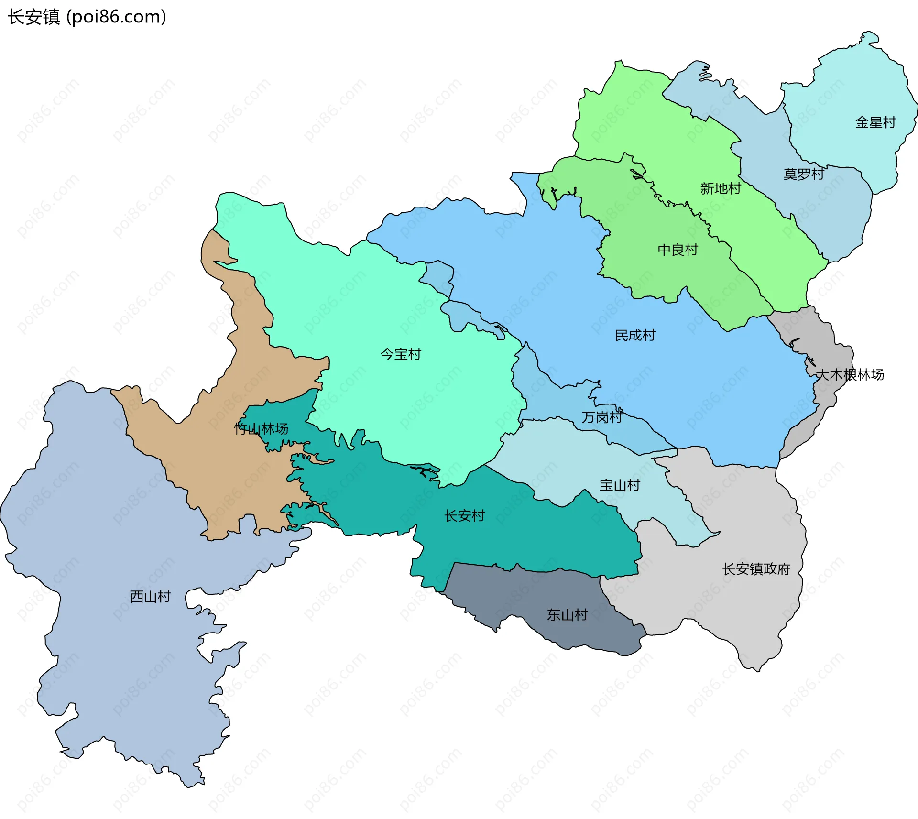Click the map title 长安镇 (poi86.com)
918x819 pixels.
(87, 17)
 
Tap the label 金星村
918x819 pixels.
(875, 122)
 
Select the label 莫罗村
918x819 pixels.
(804, 174)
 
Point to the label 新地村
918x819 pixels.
(721, 188)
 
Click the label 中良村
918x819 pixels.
(678, 250)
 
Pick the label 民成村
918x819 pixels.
(635, 335)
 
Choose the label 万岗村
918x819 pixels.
(601, 417)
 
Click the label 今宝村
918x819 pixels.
(401, 354)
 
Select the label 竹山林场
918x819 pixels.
(261, 428)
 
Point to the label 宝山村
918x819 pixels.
(620, 485)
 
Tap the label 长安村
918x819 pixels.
(464, 515)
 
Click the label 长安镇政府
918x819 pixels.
(756, 569)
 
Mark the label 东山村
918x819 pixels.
(567, 614)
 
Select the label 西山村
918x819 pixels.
(150, 596)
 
